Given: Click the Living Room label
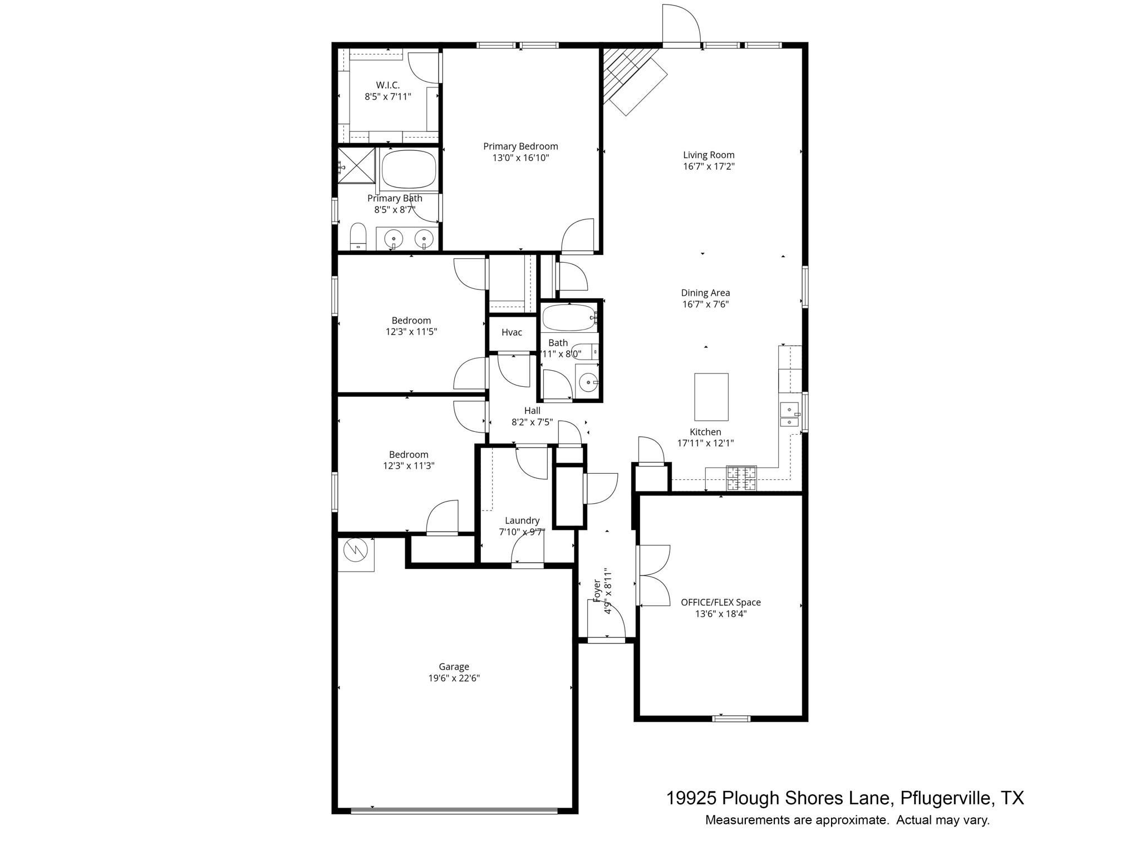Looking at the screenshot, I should (x=709, y=155).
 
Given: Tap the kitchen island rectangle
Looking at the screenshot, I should (x=711, y=397).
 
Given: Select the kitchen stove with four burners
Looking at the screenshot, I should (x=741, y=478).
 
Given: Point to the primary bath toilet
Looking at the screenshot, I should (x=358, y=237).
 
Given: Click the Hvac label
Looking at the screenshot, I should (x=512, y=332).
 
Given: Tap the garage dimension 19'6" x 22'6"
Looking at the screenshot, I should (x=454, y=678).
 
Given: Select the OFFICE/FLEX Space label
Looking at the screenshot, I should (x=720, y=602).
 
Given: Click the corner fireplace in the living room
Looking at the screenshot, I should (x=632, y=78).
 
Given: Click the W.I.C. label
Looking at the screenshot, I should (x=387, y=85).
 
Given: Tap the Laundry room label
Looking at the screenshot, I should (x=522, y=520).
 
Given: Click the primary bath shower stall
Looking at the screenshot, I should (x=356, y=165).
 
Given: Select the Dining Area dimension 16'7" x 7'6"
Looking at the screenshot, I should (x=705, y=304).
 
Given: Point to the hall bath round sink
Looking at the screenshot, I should (x=587, y=382).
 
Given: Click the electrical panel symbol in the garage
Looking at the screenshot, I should (x=356, y=552).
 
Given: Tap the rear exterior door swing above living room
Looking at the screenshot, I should (x=680, y=25).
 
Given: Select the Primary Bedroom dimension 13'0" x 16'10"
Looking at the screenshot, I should (x=520, y=158).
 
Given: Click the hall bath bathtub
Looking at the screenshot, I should (x=569, y=318).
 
